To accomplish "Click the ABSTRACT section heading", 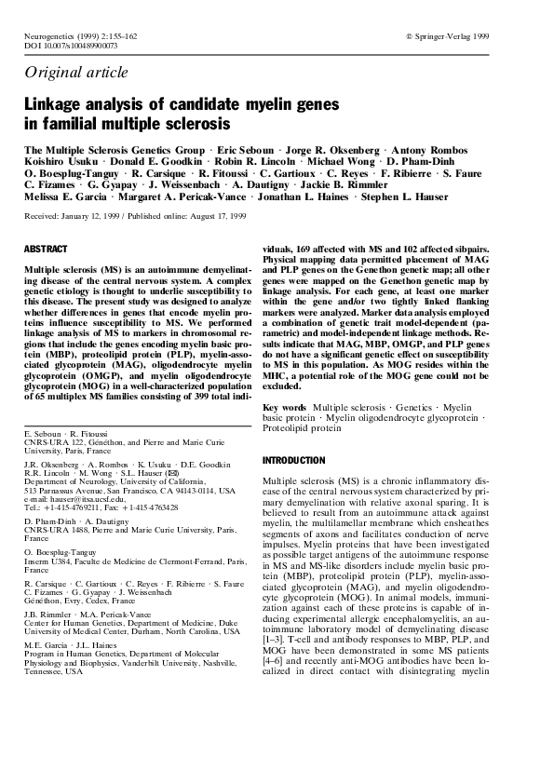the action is [46, 250].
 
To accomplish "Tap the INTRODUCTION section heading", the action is [294, 460].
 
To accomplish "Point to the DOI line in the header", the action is [70, 44].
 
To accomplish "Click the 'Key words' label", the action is [285, 409].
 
